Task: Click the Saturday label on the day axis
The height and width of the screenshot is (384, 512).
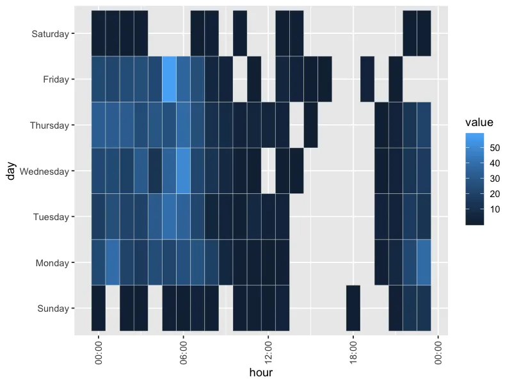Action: [x=50, y=33]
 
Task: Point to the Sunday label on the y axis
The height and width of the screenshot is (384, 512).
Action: [x=52, y=308]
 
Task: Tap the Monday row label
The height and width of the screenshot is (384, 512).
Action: [x=52, y=262]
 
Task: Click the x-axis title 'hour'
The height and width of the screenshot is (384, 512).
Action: [x=261, y=372]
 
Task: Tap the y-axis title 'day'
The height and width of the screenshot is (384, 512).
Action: [x=11, y=171]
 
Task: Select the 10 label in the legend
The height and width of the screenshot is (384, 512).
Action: [x=495, y=209]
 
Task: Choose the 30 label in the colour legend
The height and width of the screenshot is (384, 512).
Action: [x=495, y=179]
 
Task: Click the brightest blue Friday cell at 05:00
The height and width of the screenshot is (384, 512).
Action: [x=170, y=79]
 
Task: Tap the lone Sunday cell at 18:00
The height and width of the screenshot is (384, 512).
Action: [x=353, y=308]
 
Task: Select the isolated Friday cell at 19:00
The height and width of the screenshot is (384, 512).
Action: [x=367, y=79]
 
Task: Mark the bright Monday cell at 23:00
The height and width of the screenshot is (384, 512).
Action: [x=424, y=262]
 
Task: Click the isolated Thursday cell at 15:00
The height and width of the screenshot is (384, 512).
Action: [x=311, y=125]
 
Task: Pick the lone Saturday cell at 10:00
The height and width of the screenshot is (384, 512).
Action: [x=240, y=33]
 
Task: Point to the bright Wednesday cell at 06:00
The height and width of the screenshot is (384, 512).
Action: [x=184, y=171]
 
